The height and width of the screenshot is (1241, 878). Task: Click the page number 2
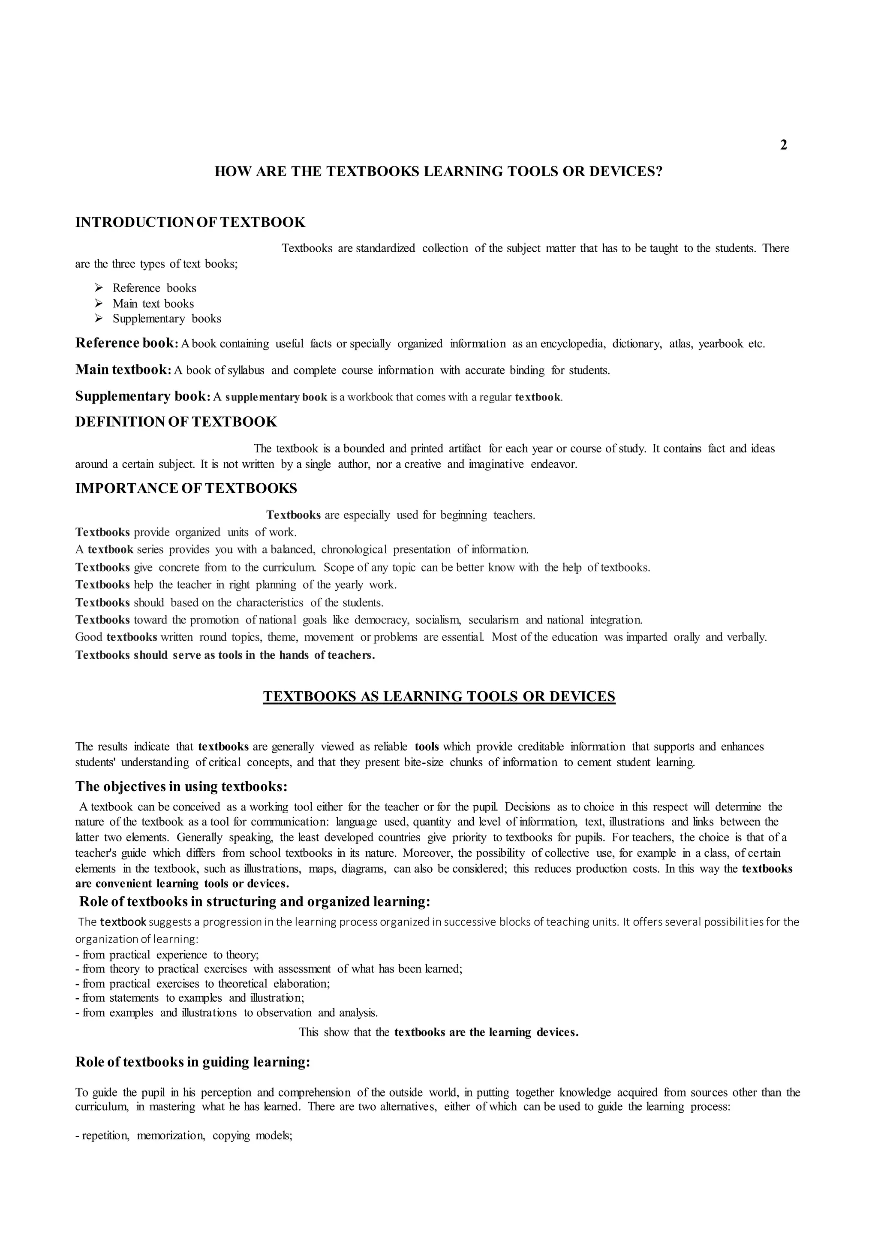783,145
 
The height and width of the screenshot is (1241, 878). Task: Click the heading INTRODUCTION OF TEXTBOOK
190,222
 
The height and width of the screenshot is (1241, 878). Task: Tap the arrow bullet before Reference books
99,288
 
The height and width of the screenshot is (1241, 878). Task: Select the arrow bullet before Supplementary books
99,319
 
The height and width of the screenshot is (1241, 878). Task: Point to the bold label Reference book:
126,343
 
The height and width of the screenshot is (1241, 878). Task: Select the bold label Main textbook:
123,370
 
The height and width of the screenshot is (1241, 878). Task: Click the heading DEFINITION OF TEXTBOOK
176,422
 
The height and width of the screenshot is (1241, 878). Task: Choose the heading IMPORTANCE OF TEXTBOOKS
186,488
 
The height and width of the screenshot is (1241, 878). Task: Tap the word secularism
493,620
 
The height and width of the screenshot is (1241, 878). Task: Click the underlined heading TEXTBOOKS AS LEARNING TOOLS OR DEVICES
439,696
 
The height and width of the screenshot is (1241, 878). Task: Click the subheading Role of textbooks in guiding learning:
192,1063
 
